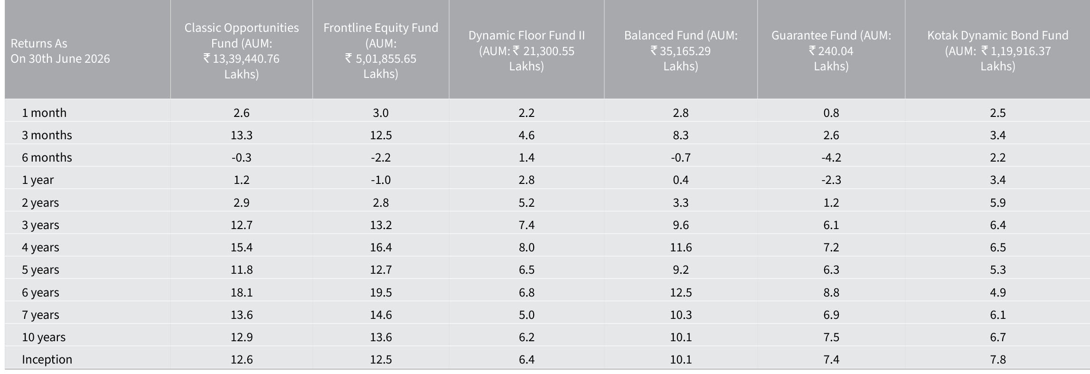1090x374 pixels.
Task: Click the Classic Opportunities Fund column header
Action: click(242, 51)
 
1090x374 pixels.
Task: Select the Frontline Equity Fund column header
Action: click(381, 51)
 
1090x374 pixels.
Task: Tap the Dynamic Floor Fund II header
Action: click(526, 51)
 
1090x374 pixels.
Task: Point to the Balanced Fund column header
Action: click(681, 51)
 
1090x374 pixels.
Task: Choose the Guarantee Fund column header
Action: click(831, 51)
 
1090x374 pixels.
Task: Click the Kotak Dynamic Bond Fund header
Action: click(998, 51)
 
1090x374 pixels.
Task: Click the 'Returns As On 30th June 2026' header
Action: click(60, 51)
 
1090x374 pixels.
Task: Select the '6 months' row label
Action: click(47, 157)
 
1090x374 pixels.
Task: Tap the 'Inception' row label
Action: click(47, 359)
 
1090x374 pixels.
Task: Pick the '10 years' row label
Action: click(44, 337)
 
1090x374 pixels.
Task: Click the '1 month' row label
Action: click(44, 113)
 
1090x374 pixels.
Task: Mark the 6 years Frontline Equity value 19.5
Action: click(381, 292)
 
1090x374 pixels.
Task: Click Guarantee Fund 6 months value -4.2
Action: click(831, 157)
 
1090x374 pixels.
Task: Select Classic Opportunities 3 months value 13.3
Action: click(242, 135)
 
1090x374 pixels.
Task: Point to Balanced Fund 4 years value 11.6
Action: click(681, 247)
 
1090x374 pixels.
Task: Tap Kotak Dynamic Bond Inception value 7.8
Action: click(998, 359)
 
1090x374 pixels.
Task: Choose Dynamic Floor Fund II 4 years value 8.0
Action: click(526, 247)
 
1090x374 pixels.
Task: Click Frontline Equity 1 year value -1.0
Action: click(381, 180)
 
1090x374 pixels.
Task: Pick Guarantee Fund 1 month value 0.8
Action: click(831, 113)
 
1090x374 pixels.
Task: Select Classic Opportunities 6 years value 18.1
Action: click(242, 292)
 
